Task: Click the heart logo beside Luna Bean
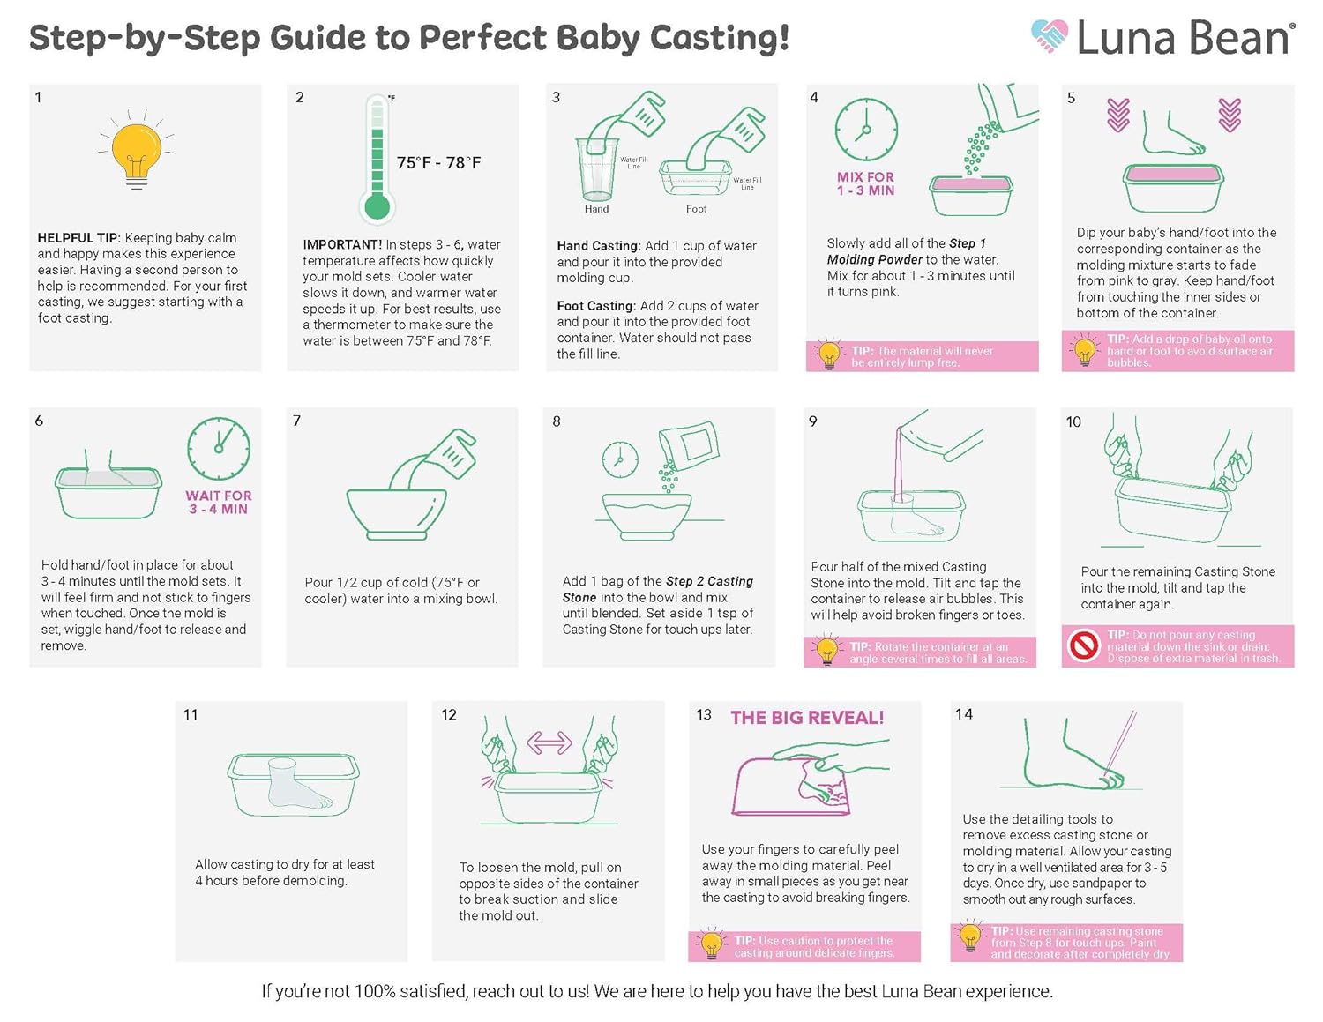click(1049, 36)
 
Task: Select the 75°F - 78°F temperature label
click(438, 162)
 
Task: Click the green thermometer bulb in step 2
click(377, 207)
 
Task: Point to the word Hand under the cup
click(596, 209)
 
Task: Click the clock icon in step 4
click(866, 129)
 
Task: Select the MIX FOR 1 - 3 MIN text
click(865, 183)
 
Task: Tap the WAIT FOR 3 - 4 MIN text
click(219, 502)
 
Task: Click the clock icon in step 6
click(219, 449)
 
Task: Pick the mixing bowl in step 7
click(396, 512)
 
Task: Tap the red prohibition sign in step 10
click(1084, 645)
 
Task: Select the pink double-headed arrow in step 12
click(549, 742)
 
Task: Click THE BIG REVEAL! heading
click(807, 718)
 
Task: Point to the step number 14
click(964, 714)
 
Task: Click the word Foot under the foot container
click(696, 209)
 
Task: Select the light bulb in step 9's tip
click(826, 649)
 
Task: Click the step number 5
click(1071, 97)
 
